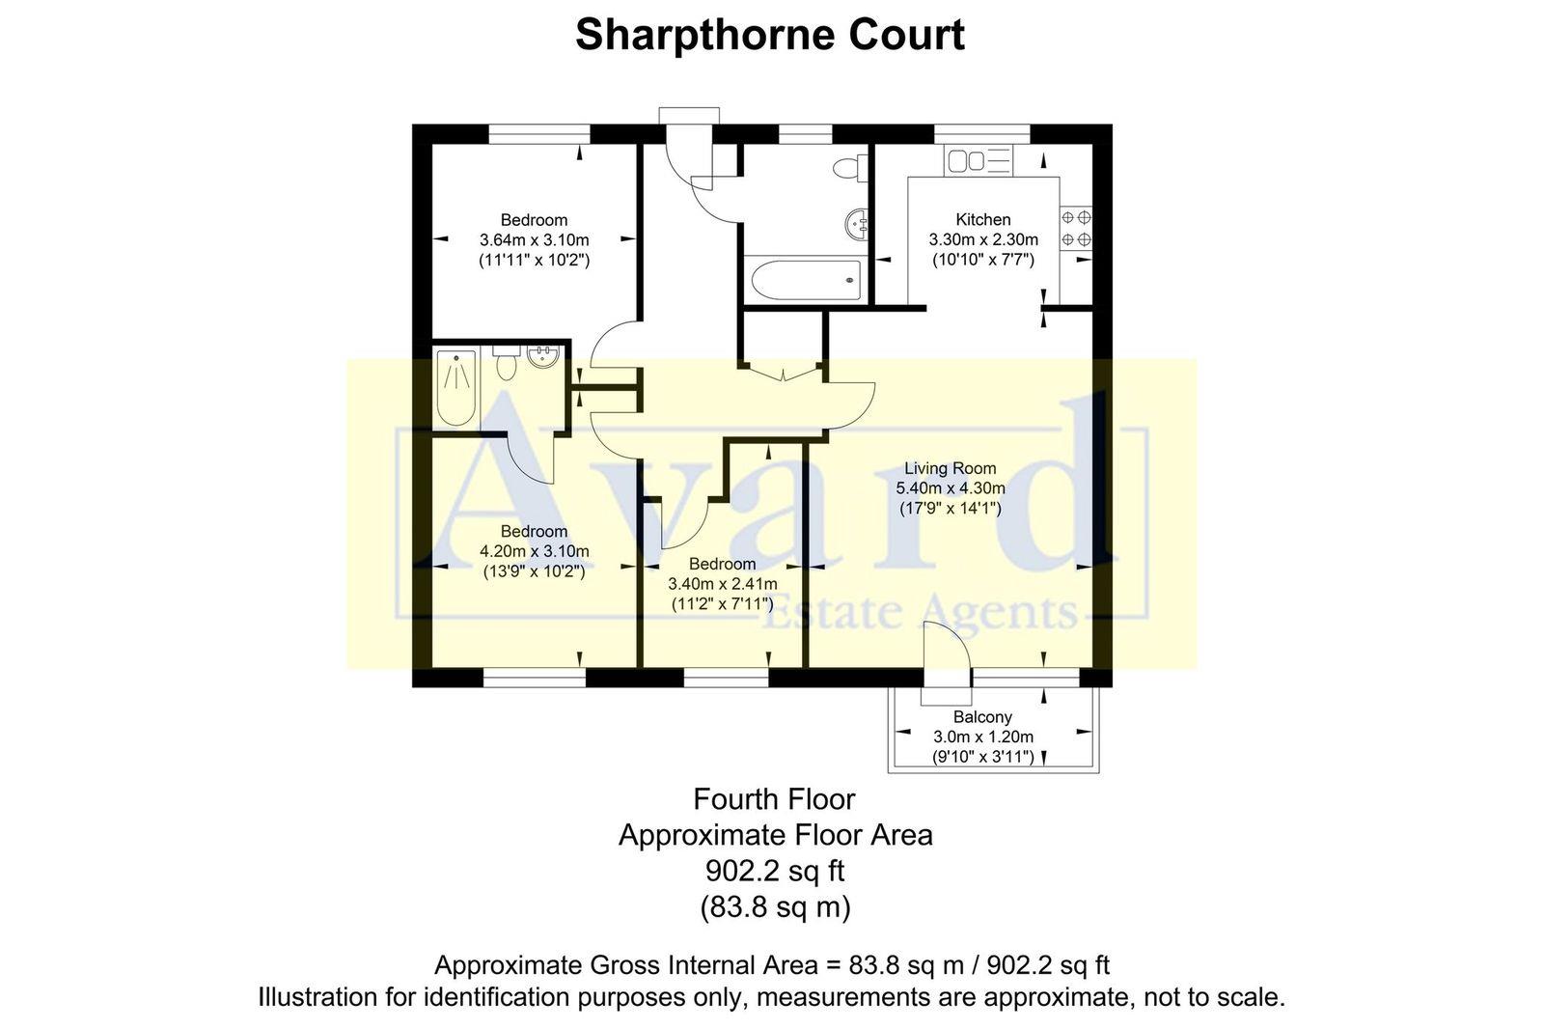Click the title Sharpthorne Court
(769, 36)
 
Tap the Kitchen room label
(982, 220)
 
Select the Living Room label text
(950, 468)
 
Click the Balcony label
(982, 717)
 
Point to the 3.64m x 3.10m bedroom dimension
(534, 240)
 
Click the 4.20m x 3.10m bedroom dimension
(534, 551)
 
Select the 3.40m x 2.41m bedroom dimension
(722, 584)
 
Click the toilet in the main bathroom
(848, 168)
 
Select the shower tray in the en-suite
(455, 387)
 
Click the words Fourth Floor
(774, 799)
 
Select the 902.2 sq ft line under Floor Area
(774, 871)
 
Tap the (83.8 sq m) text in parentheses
(774, 907)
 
